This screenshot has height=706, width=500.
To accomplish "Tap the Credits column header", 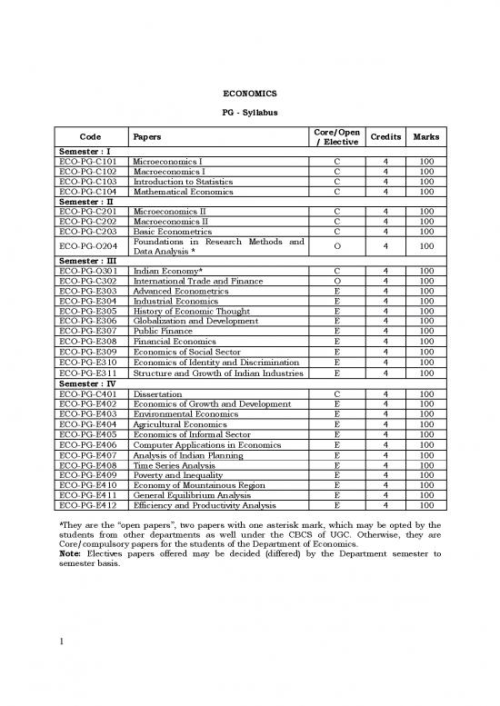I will [x=386, y=136].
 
